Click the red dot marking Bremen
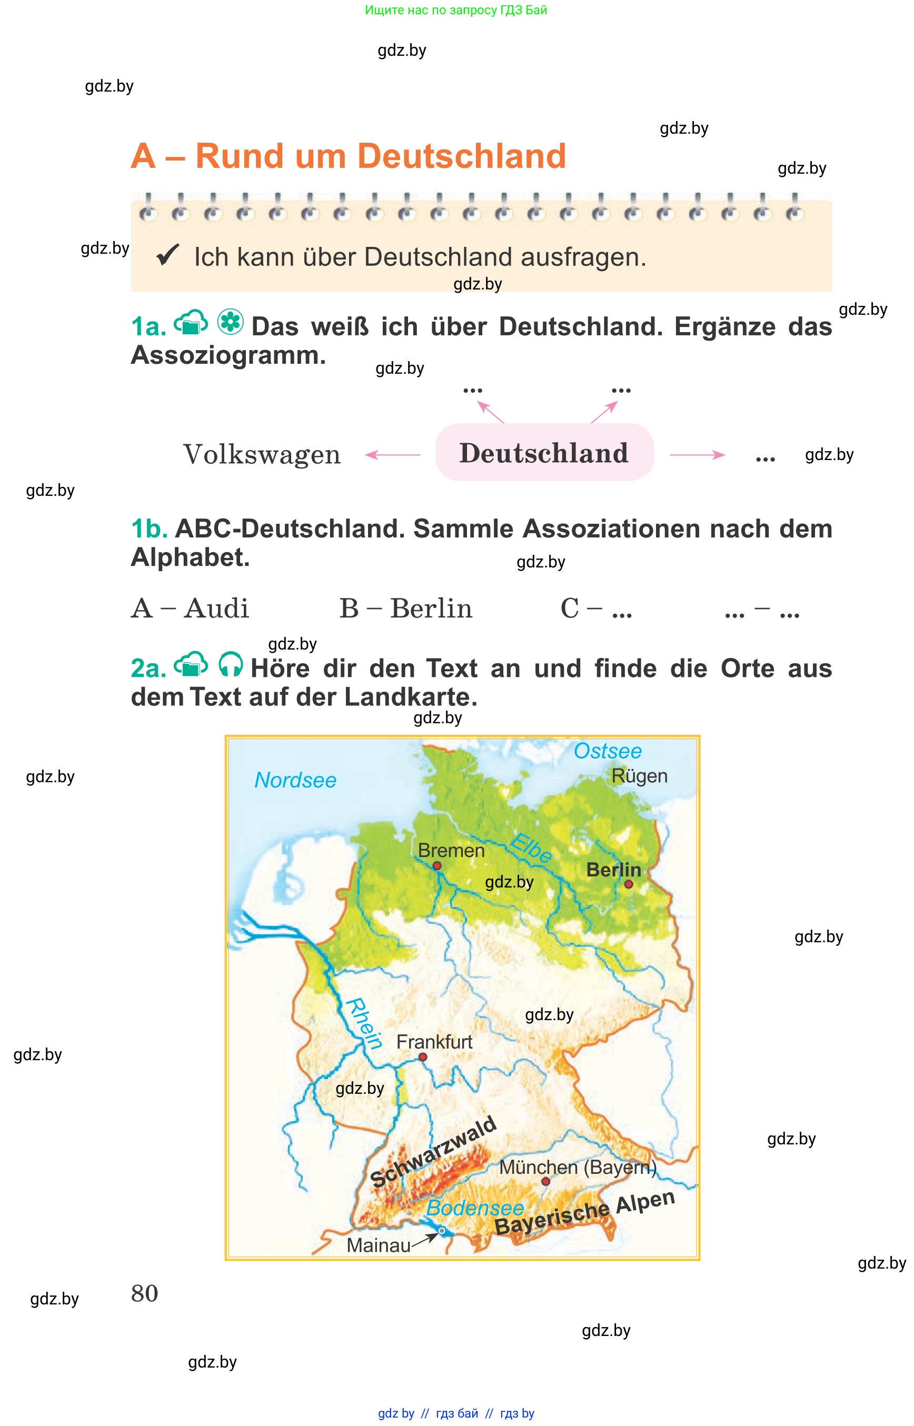coord(437,866)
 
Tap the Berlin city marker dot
coord(629,884)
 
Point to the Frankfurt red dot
coord(423,1057)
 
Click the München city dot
coord(545,1182)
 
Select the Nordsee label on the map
coord(295,780)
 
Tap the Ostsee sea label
coord(607,751)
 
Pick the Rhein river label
coord(363,1024)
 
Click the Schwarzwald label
coord(433,1152)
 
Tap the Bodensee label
coord(475,1208)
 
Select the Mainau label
coord(378,1245)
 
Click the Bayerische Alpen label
coord(584,1213)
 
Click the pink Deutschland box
coord(544,453)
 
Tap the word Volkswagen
coord(262,455)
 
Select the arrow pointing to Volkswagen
coord(392,455)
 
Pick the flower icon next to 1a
coord(230,322)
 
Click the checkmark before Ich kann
coord(167,256)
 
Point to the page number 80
coord(144,1294)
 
